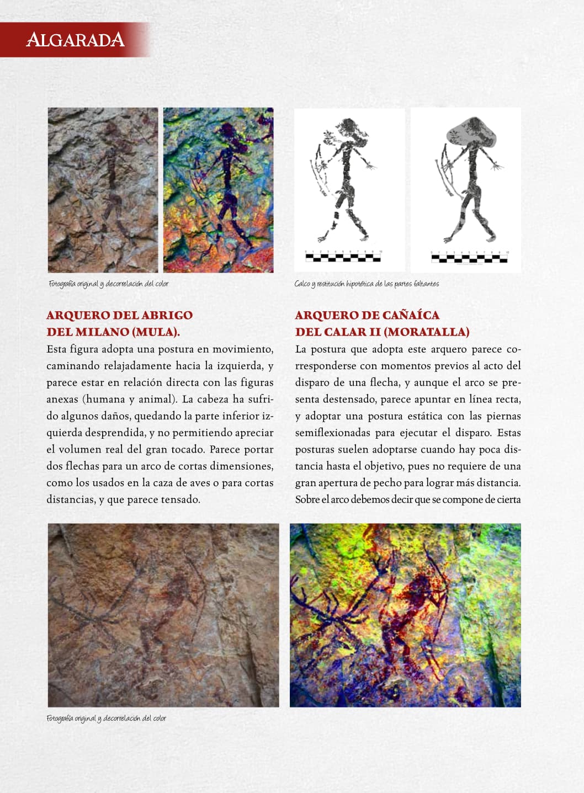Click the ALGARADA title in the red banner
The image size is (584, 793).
(x=75, y=40)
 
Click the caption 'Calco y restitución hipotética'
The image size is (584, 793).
(x=367, y=284)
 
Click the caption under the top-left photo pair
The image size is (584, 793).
(x=108, y=284)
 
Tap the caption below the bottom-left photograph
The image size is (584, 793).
(x=106, y=719)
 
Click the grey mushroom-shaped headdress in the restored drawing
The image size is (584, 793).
(x=472, y=132)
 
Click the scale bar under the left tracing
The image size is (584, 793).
(x=343, y=256)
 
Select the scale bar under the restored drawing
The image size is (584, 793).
(x=469, y=257)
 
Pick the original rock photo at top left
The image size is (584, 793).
(x=103, y=190)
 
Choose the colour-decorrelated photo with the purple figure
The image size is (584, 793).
(x=219, y=190)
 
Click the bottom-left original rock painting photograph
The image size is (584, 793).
(x=163, y=615)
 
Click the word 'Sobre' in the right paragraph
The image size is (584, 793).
(x=307, y=500)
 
